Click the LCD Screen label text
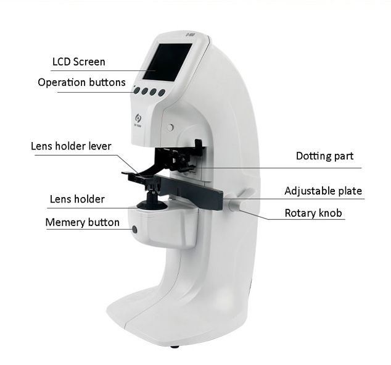[x=79, y=62]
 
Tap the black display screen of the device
[x=168, y=62]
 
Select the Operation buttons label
[x=81, y=82]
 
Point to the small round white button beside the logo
[x=170, y=128]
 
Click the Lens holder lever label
[x=71, y=146]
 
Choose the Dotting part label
[x=324, y=156]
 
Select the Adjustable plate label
[x=323, y=191]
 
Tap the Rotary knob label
[x=313, y=213]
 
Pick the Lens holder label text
[x=77, y=199]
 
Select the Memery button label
[x=82, y=222]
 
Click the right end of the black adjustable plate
[x=221, y=200]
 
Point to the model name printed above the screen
[x=190, y=35]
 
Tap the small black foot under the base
[x=175, y=346]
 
